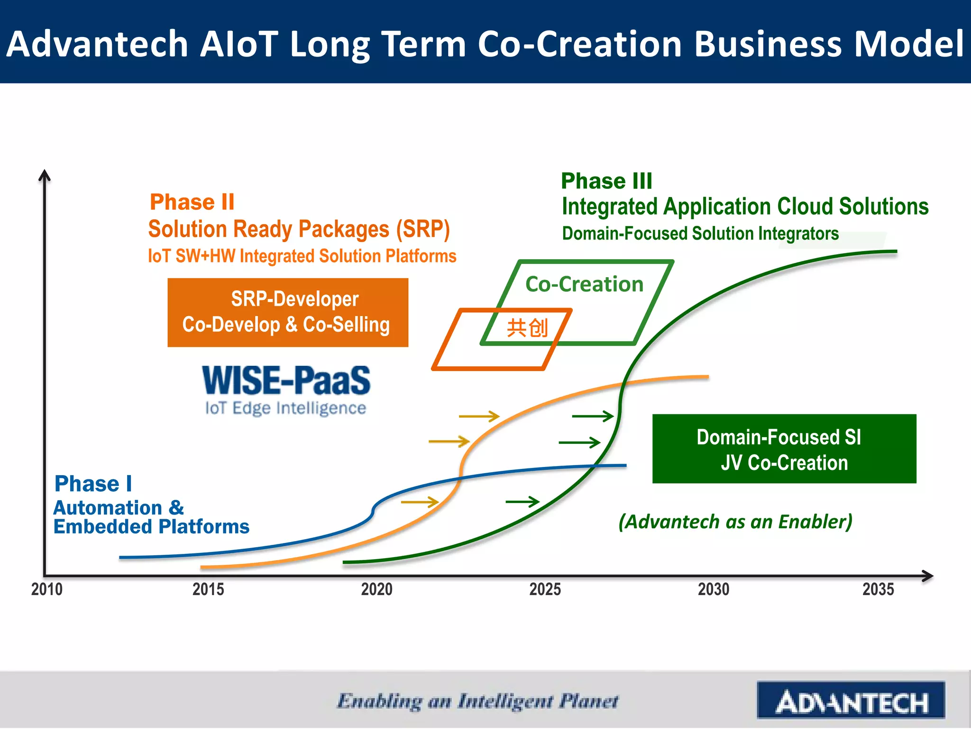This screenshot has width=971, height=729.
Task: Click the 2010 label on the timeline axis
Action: pos(46,589)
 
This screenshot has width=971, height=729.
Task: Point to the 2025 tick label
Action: pos(545,589)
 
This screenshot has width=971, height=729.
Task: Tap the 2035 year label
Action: pos(878,589)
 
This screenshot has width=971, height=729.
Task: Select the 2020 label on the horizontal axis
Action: pos(376,589)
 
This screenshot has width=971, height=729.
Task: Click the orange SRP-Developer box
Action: pos(287,312)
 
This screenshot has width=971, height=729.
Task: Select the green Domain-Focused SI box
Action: pos(784,449)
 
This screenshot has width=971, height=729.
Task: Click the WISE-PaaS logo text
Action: pos(286,381)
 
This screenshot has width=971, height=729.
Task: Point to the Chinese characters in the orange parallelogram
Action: pos(527,327)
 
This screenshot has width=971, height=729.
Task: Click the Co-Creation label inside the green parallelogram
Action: pos(584,284)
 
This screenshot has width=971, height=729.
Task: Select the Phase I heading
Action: pos(93,484)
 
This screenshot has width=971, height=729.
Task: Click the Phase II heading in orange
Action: pos(192,202)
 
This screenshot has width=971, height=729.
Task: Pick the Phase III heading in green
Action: pos(606,181)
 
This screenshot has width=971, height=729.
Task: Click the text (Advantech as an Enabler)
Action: pos(735,521)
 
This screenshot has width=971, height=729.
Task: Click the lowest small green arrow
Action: pos(522,501)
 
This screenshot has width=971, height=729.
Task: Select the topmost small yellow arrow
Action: pos(479,416)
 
